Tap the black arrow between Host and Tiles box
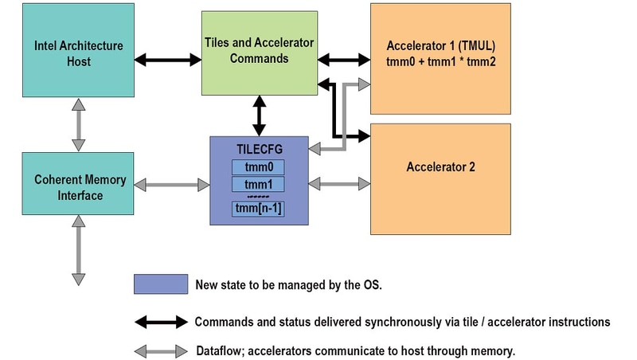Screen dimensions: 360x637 (167, 59)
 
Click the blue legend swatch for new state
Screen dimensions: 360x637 (161, 284)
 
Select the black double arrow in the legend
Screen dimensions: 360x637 (161, 322)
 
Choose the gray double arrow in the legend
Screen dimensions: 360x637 (161, 350)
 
